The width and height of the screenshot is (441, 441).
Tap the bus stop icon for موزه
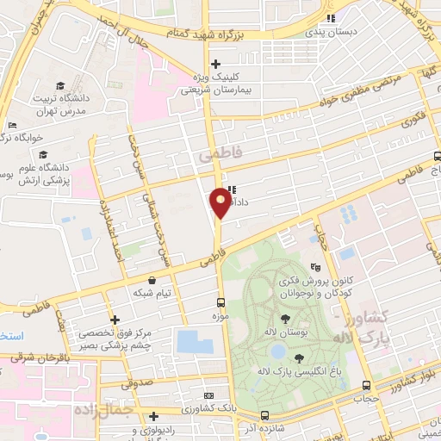(222, 302)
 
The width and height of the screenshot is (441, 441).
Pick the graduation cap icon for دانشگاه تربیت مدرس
(59, 85)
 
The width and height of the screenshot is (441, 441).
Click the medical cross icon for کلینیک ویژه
(215, 63)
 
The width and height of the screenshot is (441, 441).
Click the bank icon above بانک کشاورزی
(208, 394)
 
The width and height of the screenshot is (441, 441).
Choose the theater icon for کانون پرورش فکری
(316, 269)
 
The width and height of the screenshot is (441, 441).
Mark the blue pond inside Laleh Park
(277, 351)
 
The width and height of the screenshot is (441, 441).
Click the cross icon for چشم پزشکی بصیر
(115, 320)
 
